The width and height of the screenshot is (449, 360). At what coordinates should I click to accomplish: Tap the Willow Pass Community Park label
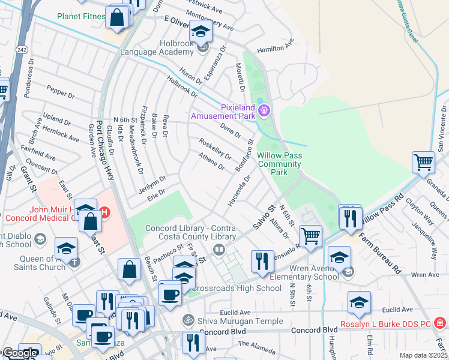279,163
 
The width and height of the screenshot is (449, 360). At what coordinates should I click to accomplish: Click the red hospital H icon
105,212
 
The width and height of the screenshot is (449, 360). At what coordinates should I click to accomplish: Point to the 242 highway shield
22,49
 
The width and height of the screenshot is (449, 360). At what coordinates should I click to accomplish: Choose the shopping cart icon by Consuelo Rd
310,236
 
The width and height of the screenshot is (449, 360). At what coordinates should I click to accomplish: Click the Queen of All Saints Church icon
74,262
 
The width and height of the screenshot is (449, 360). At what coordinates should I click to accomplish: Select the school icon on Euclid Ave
359,302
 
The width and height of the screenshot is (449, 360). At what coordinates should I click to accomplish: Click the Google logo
20,353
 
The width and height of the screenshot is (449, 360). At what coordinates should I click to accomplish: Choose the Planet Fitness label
81,16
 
